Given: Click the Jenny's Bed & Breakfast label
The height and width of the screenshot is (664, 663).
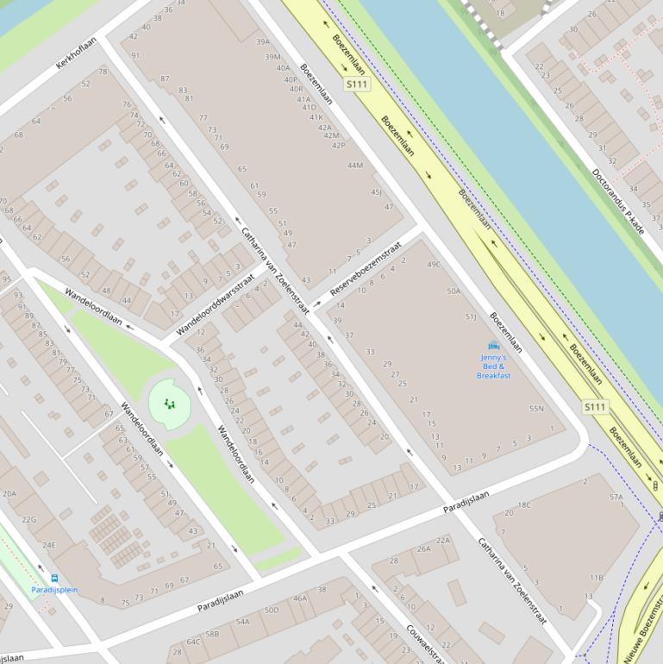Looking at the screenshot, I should pyautogui.click(x=493, y=366).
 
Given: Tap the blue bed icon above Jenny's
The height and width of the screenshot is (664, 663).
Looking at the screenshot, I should pyautogui.click(x=494, y=346).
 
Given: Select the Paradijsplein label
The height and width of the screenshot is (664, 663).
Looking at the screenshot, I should pyautogui.click(x=54, y=590).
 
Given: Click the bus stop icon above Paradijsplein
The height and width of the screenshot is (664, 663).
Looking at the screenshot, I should pyautogui.click(x=55, y=578).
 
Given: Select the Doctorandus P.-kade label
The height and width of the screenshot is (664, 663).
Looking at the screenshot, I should pyautogui.click(x=618, y=200).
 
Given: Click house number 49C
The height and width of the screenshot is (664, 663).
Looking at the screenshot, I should pyautogui.click(x=433, y=265).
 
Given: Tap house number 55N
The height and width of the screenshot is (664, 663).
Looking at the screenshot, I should pyautogui.click(x=536, y=409).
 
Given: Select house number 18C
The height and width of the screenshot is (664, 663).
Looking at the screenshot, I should pyautogui.click(x=523, y=505).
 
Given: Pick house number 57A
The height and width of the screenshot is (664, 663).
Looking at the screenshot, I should pyautogui.click(x=616, y=497).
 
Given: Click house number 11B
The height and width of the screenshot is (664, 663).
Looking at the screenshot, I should pyautogui.click(x=596, y=578).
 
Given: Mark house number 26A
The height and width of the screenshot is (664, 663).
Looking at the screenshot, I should pyautogui.click(x=423, y=548).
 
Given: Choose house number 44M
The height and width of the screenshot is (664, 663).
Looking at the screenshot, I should pyautogui.click(x=354, y=165).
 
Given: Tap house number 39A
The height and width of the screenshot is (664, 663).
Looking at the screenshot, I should pyautogui.click(x=263, y=41).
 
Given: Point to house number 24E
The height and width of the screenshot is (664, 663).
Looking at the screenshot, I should pyautogui.click(x=48, y=545).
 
